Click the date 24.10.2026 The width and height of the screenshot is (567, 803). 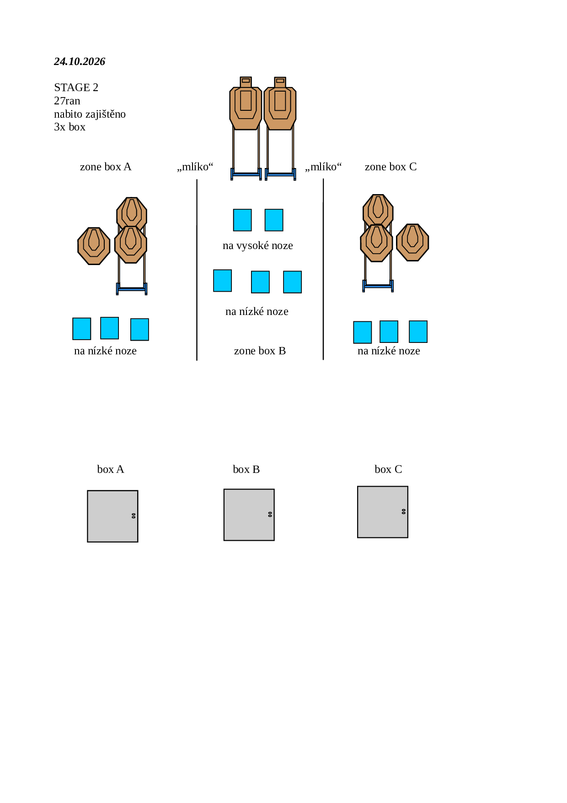(80, 61)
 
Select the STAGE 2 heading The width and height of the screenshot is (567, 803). (76, 87)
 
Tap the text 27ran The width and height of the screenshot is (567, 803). (67, 101)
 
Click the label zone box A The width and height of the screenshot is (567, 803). (106, 167)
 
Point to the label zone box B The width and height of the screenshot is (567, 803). (260, 351)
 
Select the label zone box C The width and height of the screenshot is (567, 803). (390, 167)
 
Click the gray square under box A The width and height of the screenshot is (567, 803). (112, 516)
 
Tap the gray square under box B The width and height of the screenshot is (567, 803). (249, 515)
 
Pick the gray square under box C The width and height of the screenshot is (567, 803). (383, 512)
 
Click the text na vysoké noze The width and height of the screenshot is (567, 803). (258, 245)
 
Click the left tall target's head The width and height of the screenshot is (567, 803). (246, 81)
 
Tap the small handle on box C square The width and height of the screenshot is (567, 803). (404, 511)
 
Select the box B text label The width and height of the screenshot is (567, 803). (246, 469)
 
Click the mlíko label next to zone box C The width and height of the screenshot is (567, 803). (323, 167)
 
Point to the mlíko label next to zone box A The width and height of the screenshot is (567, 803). (195, 167)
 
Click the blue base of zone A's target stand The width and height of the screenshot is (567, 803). (132, 289)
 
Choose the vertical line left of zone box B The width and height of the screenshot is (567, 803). (197, 270)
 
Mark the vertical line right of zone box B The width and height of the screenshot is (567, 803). (323, 269)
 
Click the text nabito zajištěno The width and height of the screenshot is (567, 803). (90, 114)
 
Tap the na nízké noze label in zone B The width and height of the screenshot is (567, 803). (257, 311)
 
